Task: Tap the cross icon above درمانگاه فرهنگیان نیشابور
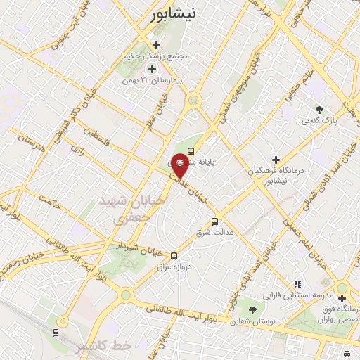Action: click(276, 160)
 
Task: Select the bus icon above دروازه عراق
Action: click(174, 256)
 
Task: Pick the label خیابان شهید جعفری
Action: click(138, 210)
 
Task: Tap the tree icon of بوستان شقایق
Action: click(251, 310)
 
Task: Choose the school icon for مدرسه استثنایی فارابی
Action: click(297, 284)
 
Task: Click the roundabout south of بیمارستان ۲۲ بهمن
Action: click(193, 101)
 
